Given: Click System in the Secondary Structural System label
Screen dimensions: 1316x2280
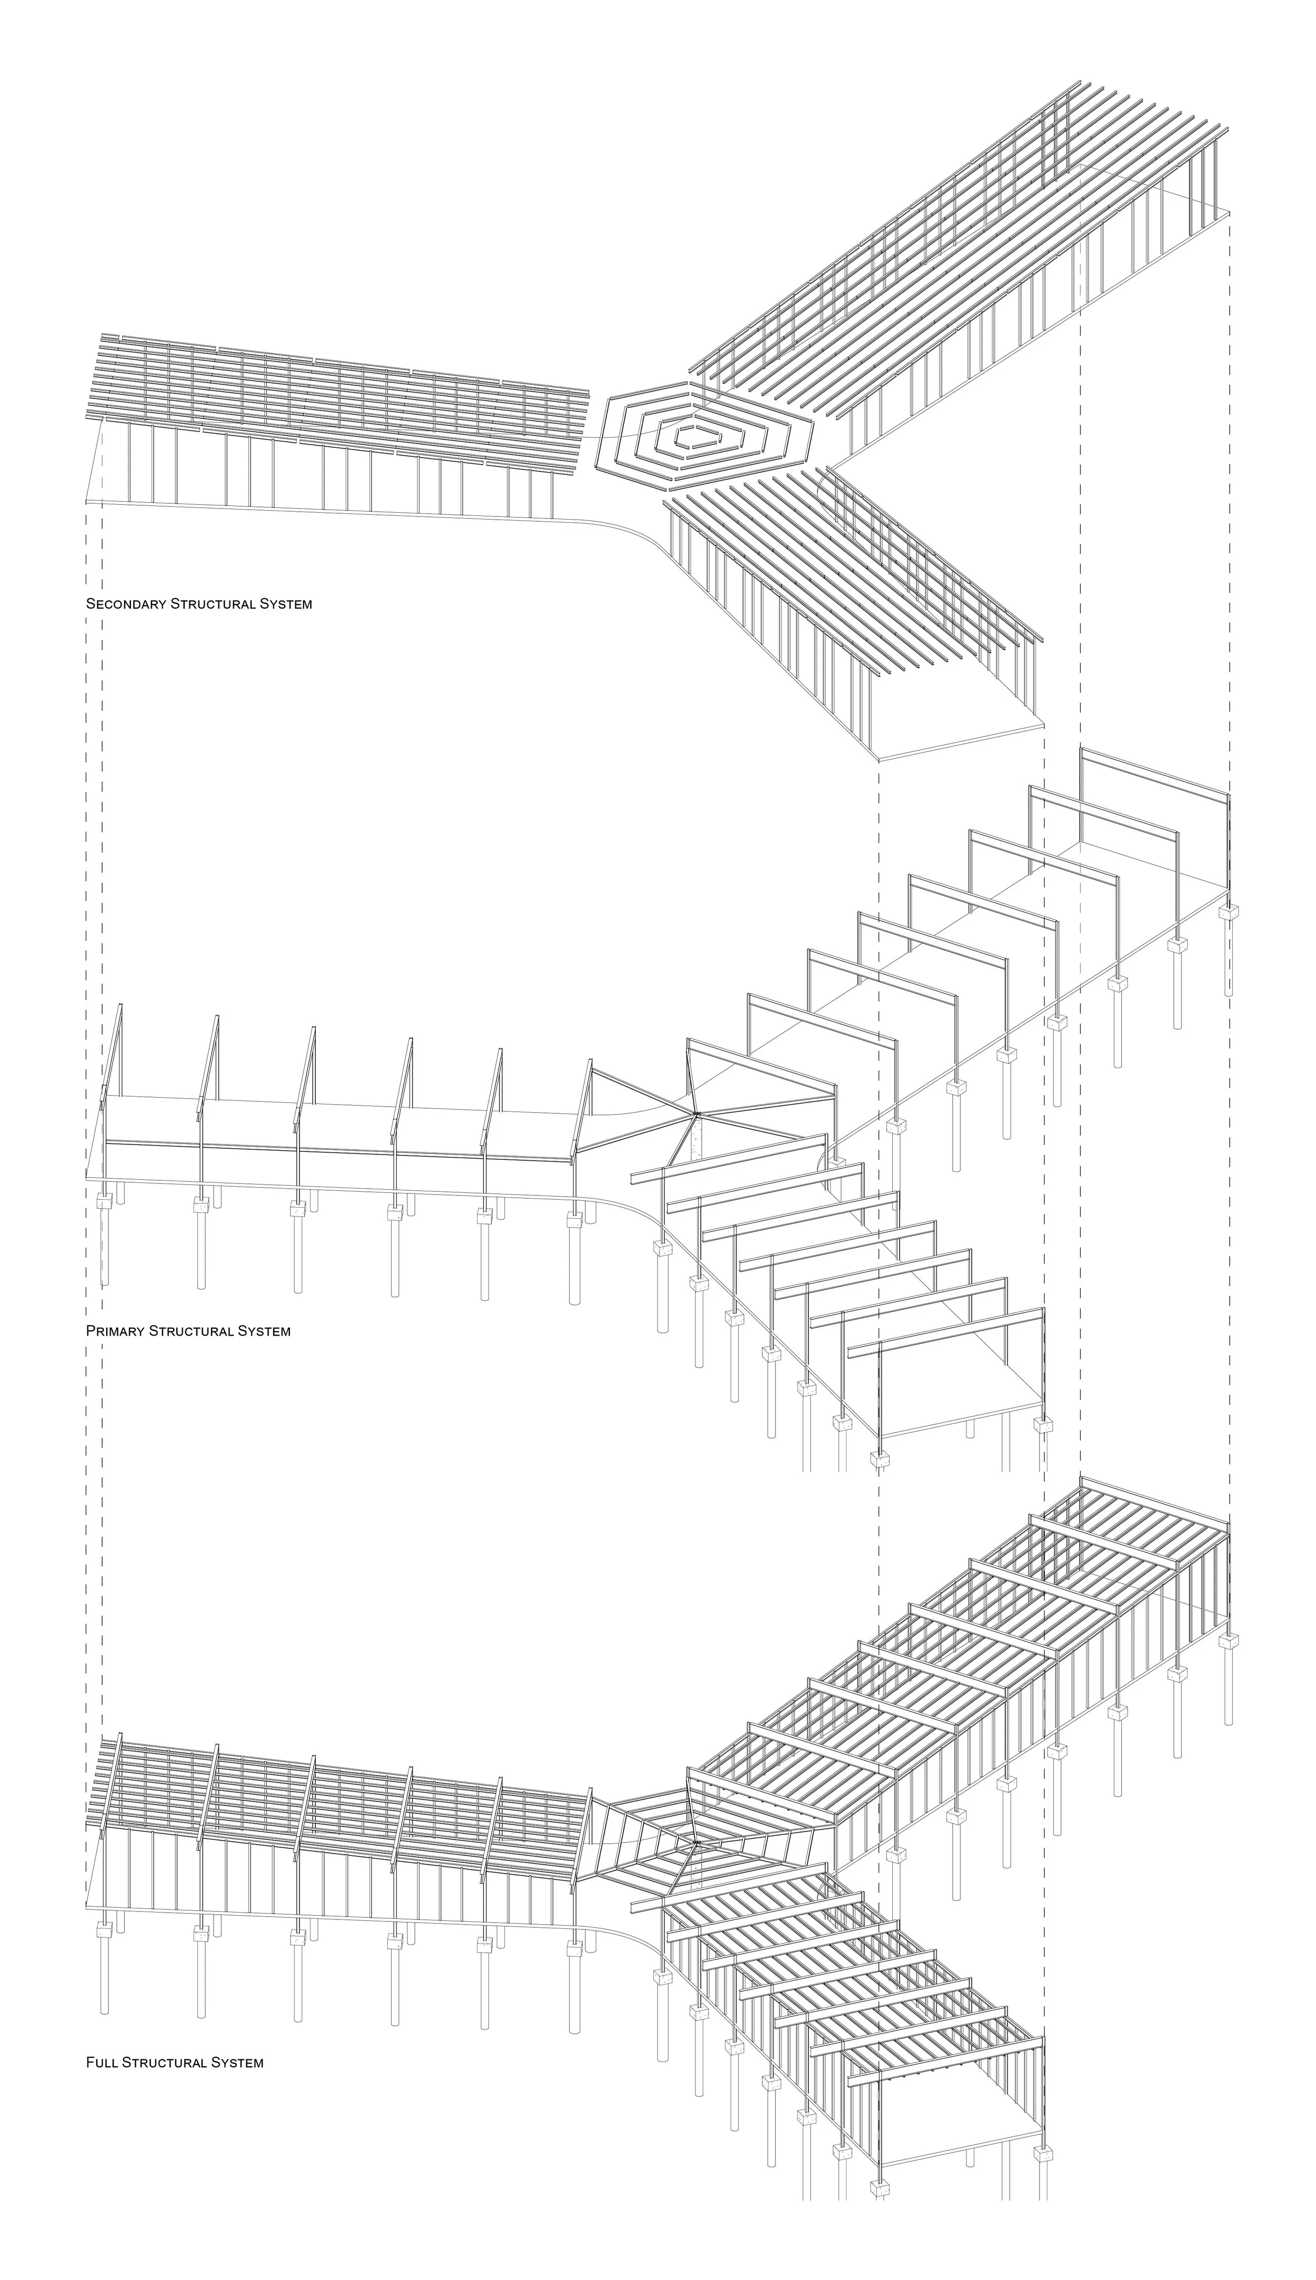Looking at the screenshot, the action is coord(286,604).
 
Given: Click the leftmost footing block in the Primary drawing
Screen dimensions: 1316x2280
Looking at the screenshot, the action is coord(104,1202).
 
